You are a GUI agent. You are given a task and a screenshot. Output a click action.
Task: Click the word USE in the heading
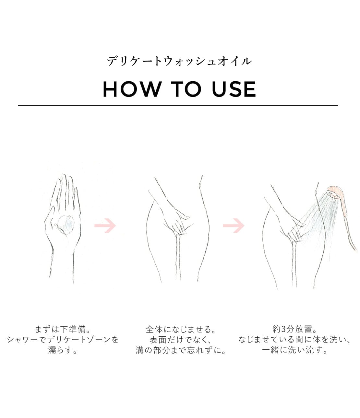234,89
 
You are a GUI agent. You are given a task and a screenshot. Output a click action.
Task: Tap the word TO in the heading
186,89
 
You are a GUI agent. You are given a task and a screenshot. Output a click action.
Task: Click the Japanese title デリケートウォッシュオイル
179,61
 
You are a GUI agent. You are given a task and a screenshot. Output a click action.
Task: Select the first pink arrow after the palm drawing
105,226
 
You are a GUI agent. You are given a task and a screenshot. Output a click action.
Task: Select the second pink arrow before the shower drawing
234,226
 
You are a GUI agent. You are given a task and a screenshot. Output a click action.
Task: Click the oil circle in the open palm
66,225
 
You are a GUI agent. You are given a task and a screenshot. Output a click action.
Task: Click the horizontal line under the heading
178,105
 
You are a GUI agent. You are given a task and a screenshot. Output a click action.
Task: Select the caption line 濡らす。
63,350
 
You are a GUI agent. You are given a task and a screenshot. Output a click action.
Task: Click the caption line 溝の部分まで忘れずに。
181,350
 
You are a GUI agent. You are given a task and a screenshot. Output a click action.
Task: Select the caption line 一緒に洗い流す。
294,350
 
